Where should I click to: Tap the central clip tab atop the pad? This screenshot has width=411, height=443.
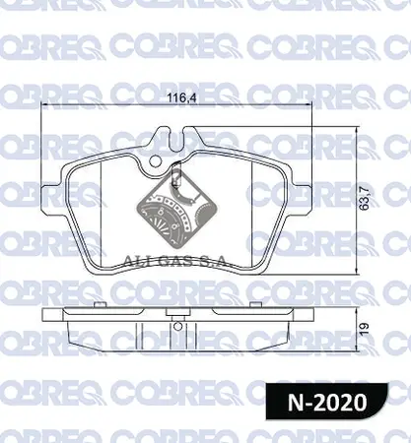pyautogui.click(x=173, y=160)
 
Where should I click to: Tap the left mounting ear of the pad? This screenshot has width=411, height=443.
pyautogui.click(x=57, y=178)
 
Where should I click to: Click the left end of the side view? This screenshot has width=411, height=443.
pyautogui.click(x=44, y=322)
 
